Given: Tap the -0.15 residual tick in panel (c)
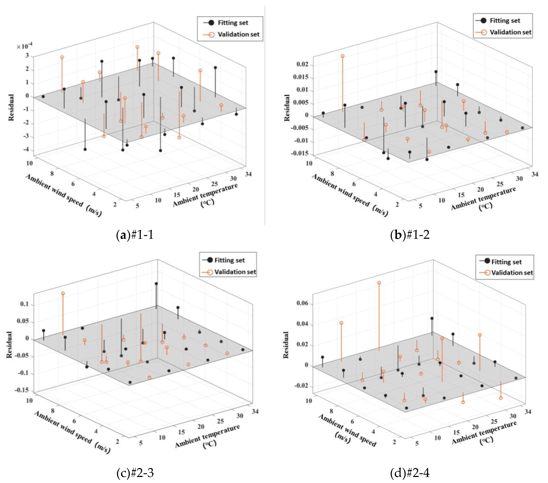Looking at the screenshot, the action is point(22,390).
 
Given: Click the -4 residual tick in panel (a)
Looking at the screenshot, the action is point(26,150).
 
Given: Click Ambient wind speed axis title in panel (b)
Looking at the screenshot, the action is point(350,195).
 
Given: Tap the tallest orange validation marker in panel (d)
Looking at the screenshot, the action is point(379,283).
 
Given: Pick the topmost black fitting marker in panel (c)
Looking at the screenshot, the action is point(156,284).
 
